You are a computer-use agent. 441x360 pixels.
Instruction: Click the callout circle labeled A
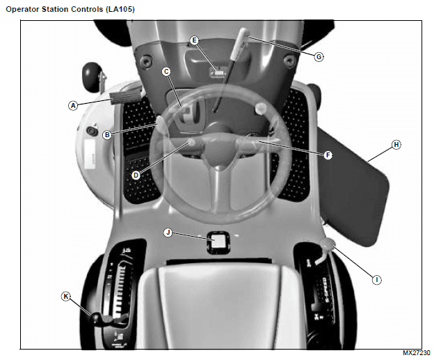[x=72, y=106]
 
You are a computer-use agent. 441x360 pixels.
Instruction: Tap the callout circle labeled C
[x=167, y=72]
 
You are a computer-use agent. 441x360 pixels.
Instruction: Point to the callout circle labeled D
[x=136, y=175]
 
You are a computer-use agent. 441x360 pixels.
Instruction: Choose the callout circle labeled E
[x=195, y=40]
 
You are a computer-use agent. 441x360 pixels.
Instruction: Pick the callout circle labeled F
[x=328, y=155]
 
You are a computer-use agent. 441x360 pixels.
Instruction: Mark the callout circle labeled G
[x=319, y=57]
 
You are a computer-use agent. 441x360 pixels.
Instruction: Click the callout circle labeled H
[x=396, y=145]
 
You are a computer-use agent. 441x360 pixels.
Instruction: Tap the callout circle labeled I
[x=376, y=280]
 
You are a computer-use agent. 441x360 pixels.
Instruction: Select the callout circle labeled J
[x=167, y=232]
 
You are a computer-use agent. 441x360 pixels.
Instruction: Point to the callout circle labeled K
[x=66, y=296]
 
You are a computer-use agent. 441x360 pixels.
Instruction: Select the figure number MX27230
[x=417, y=354]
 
